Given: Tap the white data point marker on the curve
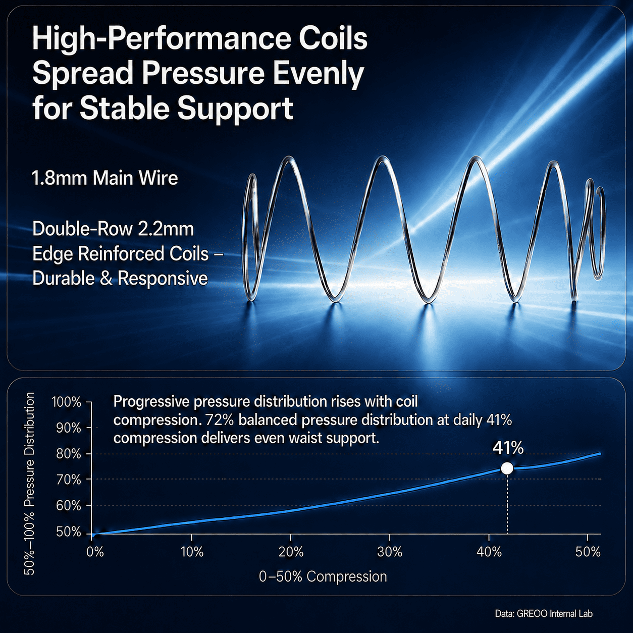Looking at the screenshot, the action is [x=507, y=468].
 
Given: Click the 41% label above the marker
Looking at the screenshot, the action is [x=508, y=448].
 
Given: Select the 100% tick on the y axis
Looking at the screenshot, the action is [x=66, y=402].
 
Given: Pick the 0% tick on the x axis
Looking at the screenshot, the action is [x=95, y=552].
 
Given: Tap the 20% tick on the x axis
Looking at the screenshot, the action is [x=291, y=552].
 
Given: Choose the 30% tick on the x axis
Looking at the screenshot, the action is [x=390, y=552].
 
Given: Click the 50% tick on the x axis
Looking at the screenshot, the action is [x=588, y=552].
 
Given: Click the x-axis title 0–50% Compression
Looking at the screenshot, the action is [x=323, y=577].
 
